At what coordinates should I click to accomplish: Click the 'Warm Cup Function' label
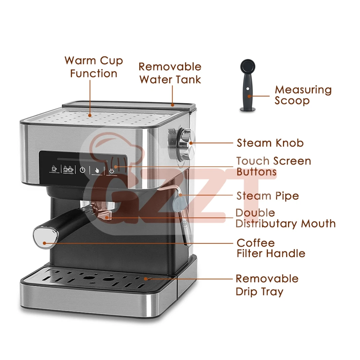tap(94, 67)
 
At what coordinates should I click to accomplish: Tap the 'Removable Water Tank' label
tap(170, 73)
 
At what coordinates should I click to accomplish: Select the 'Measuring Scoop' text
tap(303, 95)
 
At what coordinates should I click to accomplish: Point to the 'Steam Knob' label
tap(270, 143)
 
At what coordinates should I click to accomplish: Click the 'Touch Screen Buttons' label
tap(274, 166)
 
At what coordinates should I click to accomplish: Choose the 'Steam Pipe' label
tap(268, 196)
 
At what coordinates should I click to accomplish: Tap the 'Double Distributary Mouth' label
tap(285, 218)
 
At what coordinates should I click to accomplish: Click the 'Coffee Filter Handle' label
tap(271, 248)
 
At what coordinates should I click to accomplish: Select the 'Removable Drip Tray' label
tap(267, 285)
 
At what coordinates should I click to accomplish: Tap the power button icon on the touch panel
tap(82, 170)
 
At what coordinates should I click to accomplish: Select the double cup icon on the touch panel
tap(68, 169)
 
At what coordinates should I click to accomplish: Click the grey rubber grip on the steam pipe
tap(178, 202)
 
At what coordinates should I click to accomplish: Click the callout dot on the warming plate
tap(90, 115)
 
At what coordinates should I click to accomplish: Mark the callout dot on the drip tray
tap(146, 279)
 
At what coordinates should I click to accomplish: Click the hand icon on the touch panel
tap(97, 170)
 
